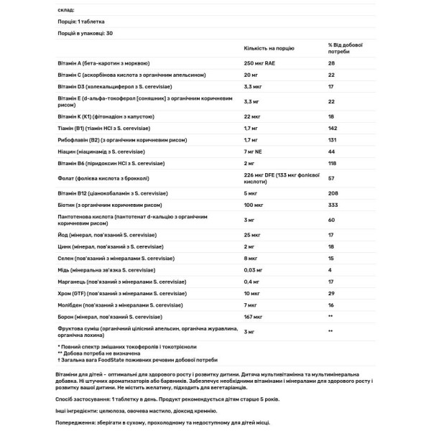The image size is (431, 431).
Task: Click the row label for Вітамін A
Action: (113, 64)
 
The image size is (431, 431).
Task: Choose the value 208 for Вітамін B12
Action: (333, 193)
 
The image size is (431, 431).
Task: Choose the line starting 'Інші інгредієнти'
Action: (122, 409)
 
